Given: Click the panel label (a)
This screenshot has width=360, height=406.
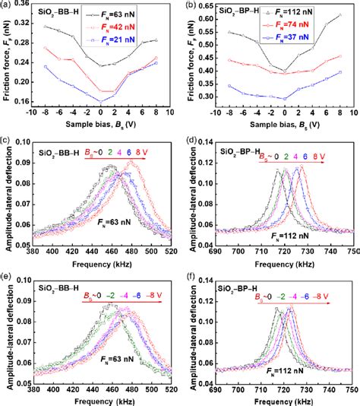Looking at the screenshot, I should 7,5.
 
